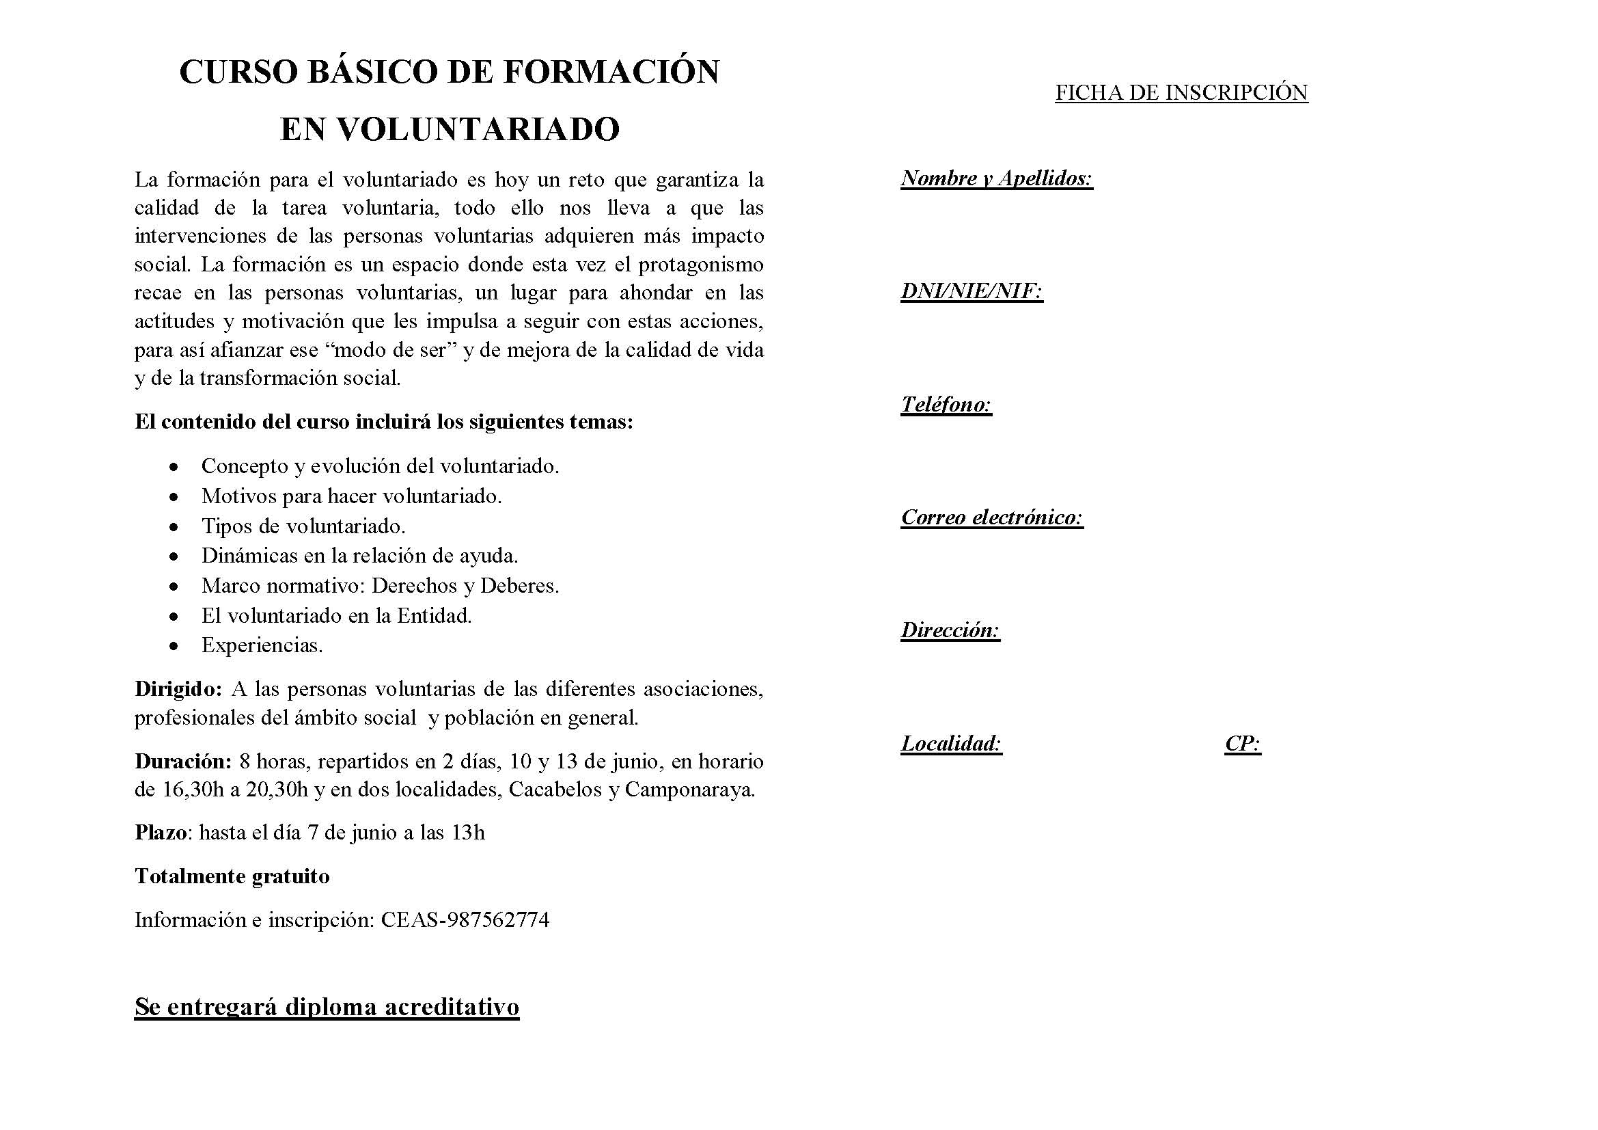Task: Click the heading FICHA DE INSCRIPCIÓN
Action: pyautogui.click(x=1181, y=92)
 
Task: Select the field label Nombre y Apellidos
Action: pyautogui.click(x=996, y=178)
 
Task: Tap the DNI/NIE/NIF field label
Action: pyautogui.click(x=971, y=291)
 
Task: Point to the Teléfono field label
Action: pyautogui.click(x=946, y=405)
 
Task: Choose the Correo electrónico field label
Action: pyautogui.click(x=992, y=517)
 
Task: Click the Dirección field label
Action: pyautogui.click(x=950, y=630)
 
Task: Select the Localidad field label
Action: pyautogui.click(x=951, y=744)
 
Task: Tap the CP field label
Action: pyautogui.click(x=1242, y=744)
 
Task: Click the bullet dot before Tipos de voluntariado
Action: pyautogui.click(x=174, y=527)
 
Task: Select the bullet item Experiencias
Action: pyautogui.click(x=262, y=645)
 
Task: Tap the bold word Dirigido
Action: pyautogui.click(x=178, y=689)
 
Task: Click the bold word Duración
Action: pyautogui.click(x=182, y=761)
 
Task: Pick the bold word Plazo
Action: pyautogui.click(x=161, y=833)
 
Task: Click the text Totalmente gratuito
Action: pyautogui.click(x=232, y=876)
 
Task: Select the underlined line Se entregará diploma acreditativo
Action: pyautogui.click(x=327, y=1007)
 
